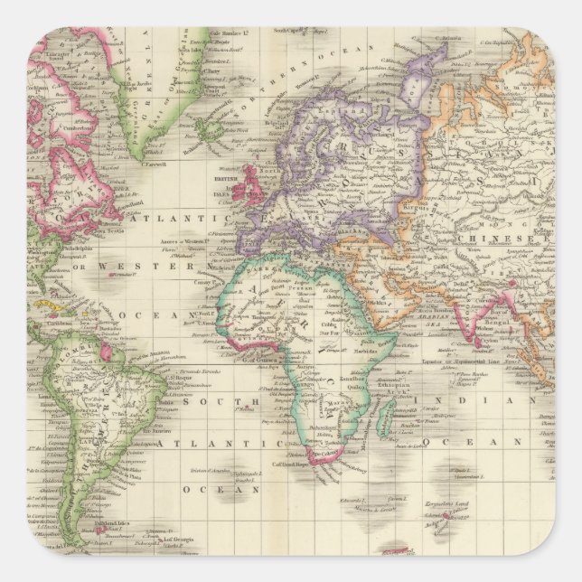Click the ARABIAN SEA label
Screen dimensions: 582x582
[x=436, y=320]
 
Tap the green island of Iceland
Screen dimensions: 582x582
[x=212, y=136]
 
